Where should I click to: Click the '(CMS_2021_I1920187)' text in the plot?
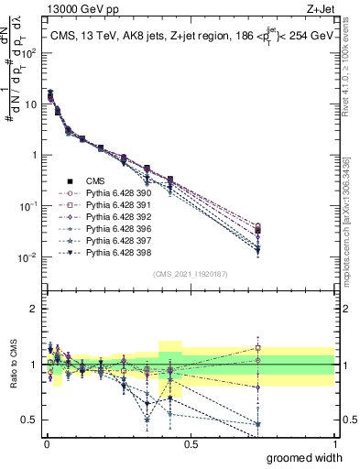191,274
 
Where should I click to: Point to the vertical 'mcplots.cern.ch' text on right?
352,229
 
